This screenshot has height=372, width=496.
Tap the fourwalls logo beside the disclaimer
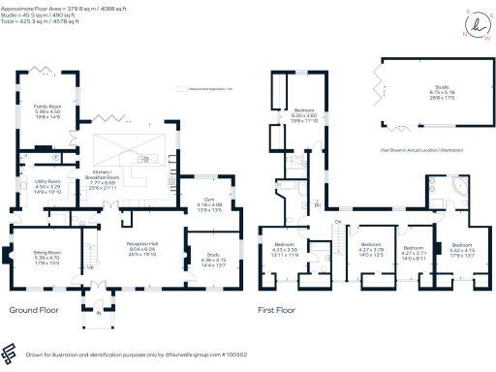[x=10, y=353]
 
